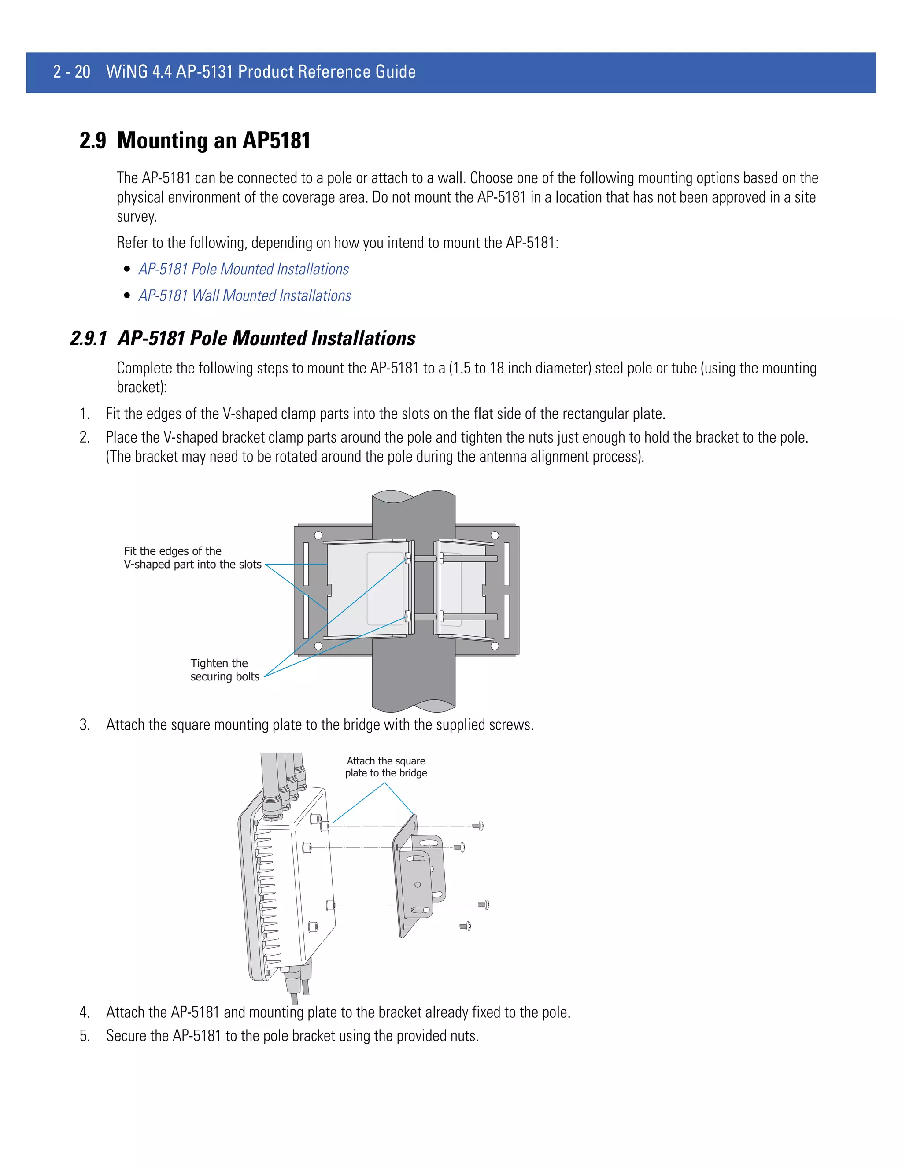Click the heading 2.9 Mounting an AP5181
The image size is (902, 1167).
(195, 140)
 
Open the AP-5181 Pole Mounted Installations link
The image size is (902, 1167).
(243, 270)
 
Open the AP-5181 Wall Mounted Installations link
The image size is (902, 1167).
(245, 296)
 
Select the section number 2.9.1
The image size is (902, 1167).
(88, 339)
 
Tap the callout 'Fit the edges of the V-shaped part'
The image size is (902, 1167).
(192, 558)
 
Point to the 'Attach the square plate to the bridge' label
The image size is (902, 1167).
(386, 767)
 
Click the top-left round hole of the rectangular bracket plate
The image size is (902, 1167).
(318, 535)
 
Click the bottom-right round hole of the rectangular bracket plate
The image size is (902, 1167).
(495, 646)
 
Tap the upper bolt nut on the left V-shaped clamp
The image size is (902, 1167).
(408, 559)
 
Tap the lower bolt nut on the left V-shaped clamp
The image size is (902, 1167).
(408, 617)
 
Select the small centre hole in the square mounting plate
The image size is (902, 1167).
(418, 884)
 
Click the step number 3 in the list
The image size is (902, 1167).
(85, 725)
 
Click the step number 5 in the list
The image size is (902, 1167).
(85, 1036)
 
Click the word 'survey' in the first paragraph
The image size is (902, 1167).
(136, 217)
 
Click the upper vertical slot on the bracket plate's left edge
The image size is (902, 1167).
(306, 563)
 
